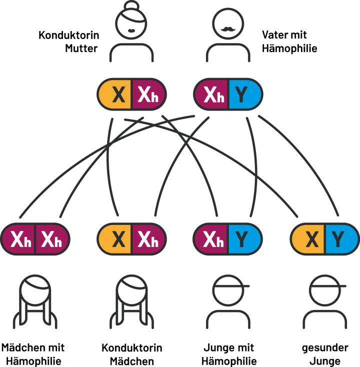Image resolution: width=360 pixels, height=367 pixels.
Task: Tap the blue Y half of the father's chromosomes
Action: point(244,94)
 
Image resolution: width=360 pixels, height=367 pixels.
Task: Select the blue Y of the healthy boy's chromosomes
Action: point(340,240)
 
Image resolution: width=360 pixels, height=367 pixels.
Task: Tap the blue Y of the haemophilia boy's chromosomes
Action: point(244,240)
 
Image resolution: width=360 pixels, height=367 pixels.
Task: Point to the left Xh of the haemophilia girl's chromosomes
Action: point(19,240)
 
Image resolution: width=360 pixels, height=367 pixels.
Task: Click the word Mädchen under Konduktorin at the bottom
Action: point(131,360)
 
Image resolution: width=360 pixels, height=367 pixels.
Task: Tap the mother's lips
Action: point(131,30)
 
